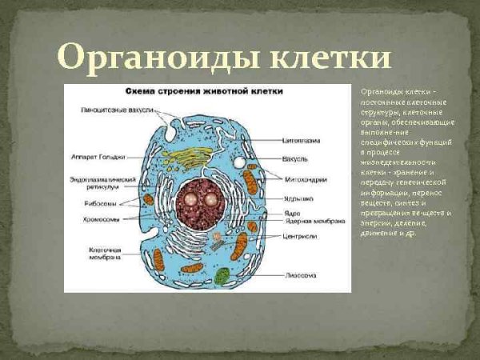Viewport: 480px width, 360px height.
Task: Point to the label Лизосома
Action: (300, 274)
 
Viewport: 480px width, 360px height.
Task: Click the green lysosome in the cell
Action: (222, 276)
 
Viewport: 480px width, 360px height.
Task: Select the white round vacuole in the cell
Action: (239, 162)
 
